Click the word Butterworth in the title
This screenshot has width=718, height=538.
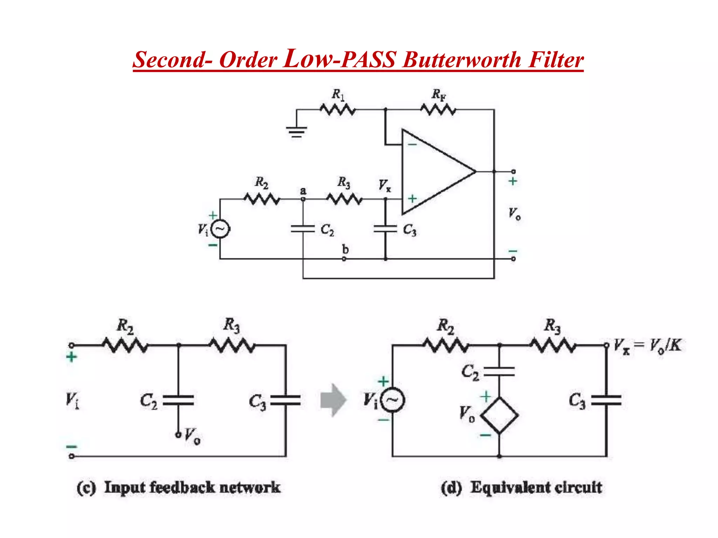462,60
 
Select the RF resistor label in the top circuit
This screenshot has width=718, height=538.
438,95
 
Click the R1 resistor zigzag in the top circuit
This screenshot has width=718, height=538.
338,110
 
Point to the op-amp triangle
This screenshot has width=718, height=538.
435,172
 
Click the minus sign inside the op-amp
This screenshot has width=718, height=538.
412,144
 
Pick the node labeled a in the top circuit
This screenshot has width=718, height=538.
303,199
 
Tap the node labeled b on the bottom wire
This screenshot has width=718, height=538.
344,259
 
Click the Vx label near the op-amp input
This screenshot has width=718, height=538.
384,185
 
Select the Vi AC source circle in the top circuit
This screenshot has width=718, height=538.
220,229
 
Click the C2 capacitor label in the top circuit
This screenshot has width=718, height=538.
327,230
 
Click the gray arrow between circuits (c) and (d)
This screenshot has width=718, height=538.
333,400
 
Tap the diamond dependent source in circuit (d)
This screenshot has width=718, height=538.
499,416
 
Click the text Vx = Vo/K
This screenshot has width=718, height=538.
647,346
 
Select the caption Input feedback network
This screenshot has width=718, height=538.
192,488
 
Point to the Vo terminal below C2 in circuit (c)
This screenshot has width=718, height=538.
178,435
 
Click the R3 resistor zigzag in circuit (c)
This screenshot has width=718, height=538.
232,345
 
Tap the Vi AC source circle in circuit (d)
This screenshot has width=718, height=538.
393,400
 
